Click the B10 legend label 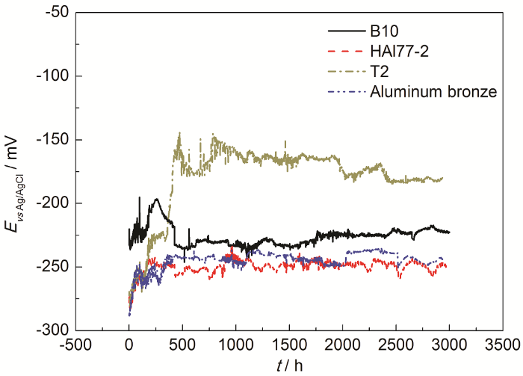tap(384, 31)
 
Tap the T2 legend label tap(378, 72)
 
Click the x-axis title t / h tap(288, 366)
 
